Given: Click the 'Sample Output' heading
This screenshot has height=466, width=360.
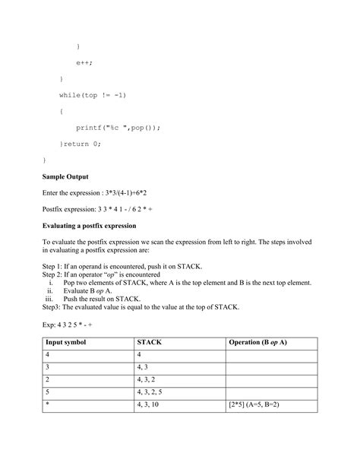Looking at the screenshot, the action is point(68,176).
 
